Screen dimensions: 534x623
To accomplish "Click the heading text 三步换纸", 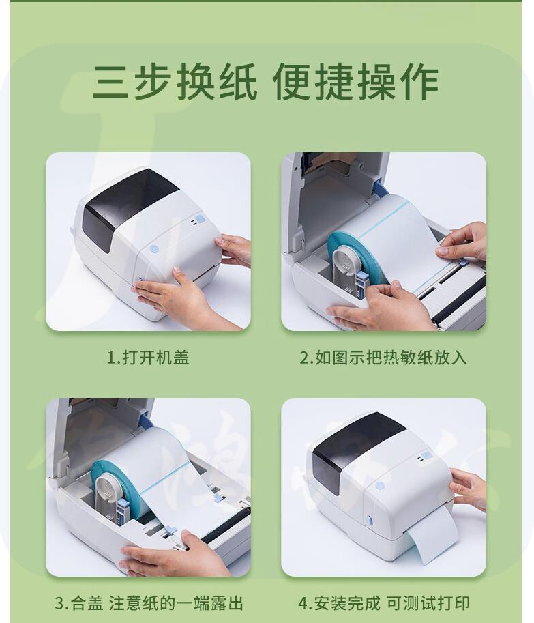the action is tap(175, 83).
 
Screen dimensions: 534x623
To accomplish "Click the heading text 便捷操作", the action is tap(355, 83).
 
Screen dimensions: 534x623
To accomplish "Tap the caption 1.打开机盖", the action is tap(148, 357).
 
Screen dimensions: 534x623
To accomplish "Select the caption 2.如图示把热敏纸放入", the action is tap(383, 357).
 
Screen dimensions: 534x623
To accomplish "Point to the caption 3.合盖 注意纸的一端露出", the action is tap(149, 603).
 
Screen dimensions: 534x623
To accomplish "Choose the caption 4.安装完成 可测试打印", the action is tap(384, 603).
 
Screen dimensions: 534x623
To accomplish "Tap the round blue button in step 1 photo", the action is tap(154, 250).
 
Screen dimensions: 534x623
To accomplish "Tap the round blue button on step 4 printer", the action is tap(380, 486).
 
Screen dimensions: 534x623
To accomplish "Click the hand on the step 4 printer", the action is tap(468, 489).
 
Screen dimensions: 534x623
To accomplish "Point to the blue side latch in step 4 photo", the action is tap(370, 519).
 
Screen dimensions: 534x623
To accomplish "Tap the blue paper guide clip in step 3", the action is tap(170, 530).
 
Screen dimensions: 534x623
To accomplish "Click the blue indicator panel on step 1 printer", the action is tap(200, 219).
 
